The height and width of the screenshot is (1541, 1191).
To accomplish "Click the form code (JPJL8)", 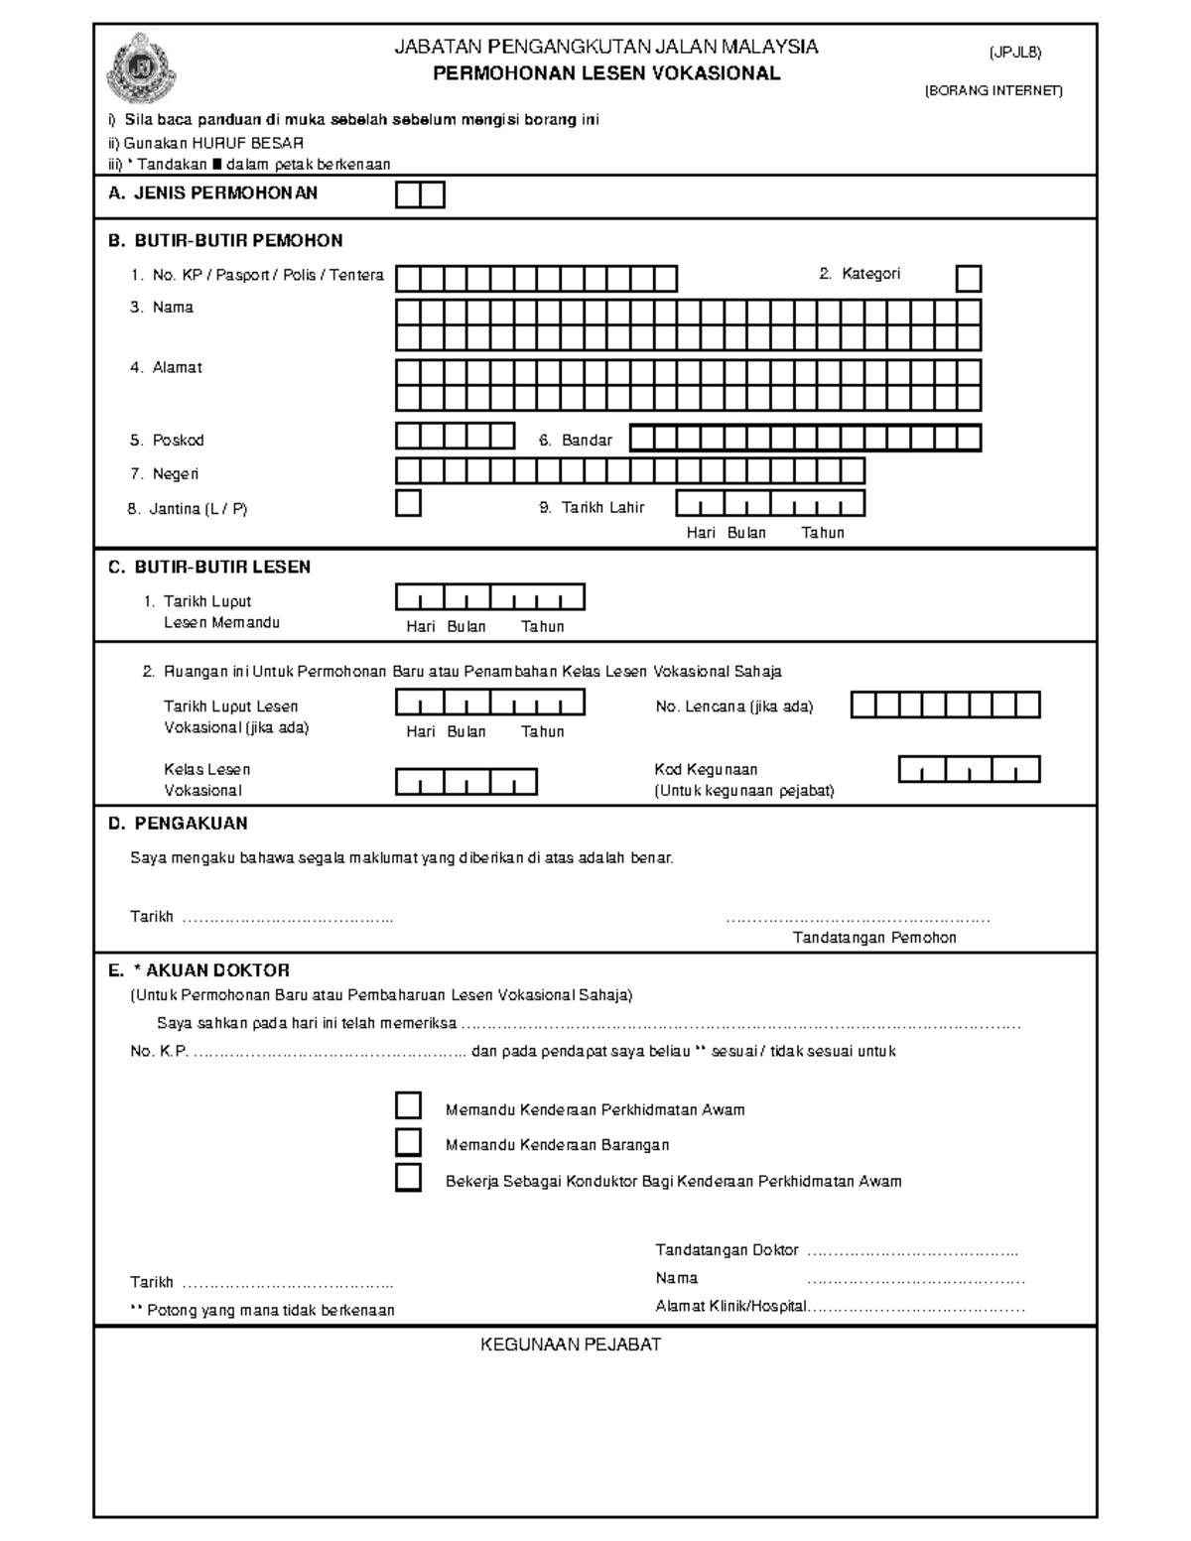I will click(1014, 52).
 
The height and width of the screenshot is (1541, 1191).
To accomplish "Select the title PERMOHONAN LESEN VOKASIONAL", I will click(606, 73).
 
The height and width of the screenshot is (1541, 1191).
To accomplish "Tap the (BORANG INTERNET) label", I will click(993, 91).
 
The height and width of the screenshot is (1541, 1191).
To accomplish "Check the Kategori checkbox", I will click(968, 278).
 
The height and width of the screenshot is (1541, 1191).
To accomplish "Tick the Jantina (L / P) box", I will click(408, 503).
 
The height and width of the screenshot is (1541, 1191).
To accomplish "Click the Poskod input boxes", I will click(456, 437).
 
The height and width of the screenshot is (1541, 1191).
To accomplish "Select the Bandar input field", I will click(805, 438).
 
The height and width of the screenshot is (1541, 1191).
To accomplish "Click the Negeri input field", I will click(629, 470).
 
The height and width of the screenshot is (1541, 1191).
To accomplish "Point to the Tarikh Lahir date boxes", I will click(770, 504).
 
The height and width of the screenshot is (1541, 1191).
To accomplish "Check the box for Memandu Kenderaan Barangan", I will click(408, 1142).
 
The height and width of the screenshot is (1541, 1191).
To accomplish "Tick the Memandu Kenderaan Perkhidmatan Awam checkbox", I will click(408, 1106).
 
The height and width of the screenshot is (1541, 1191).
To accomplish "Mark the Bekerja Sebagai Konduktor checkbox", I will click(408, 1178).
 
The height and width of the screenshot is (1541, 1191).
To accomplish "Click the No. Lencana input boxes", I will click(945, 706).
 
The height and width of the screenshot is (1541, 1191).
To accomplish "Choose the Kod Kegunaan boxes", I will click(969, 769).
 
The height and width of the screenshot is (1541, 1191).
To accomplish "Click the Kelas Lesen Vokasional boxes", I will click(466, 782).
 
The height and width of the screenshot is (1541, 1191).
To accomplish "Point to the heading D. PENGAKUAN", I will click(178, 824).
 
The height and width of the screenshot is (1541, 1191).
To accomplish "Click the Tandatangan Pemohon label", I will click(873, 938).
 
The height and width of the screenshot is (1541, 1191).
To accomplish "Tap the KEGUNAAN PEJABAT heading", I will click(571, 1346).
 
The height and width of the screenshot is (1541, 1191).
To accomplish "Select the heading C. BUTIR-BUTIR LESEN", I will click(209, 568).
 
